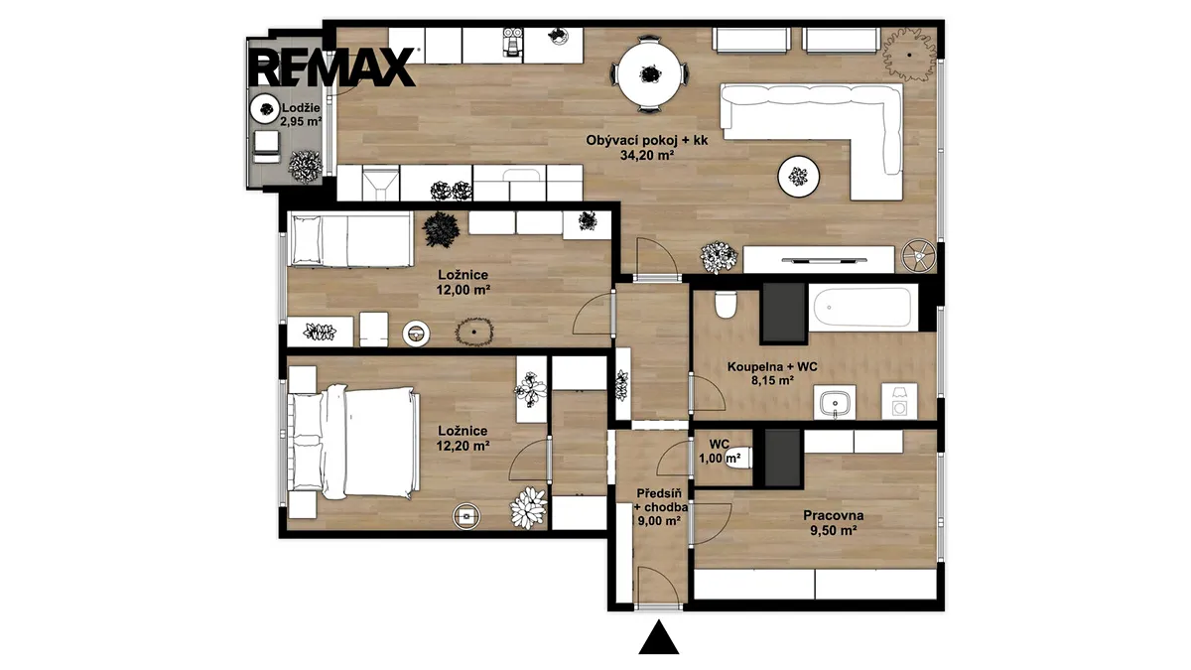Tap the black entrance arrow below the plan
pos(659,637)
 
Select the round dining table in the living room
pos(649,74)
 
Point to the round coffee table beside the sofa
pos(798,176)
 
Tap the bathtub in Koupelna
pos(861,308)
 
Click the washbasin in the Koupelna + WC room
pos(835,402)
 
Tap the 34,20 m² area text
pos(647,155)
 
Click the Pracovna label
pos(833,515)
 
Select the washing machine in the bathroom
pos(899,401)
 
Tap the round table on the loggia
pos(266,109)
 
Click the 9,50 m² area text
pos(833,530)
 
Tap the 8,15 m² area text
pos(772,380)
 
